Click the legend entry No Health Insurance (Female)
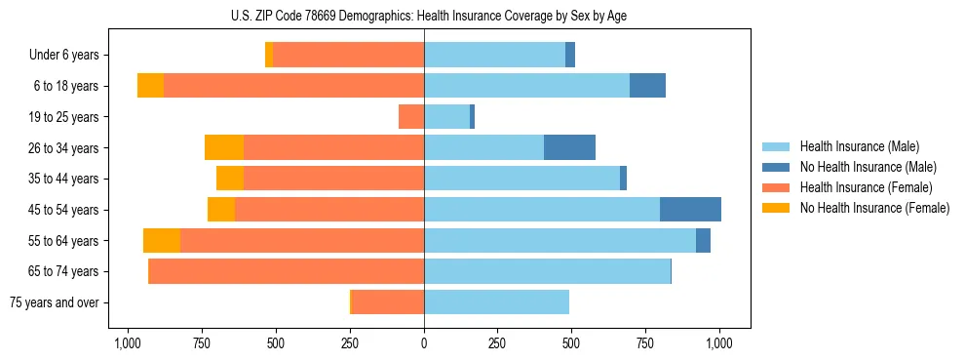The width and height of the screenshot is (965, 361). pyautogui.click(x=874, y=208)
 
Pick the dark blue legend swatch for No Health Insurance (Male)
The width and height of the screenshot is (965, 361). pyautogui.click(x=777, y=167)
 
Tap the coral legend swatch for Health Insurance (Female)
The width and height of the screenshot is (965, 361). pyautogui.click(x=777, y=187)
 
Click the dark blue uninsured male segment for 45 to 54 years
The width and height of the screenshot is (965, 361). pyautogui.click(x=690, y=210)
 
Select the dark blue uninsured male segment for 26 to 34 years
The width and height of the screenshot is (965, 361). pyautogui.click(x=569, y=148)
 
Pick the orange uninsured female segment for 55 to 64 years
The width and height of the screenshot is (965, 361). pyautogui.click(x=162, y=241)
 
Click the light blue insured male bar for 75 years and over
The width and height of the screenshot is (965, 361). pyautogui.click(x=496, y=302)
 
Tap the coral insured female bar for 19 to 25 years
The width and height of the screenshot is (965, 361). pyautogui.click(x=411, y=117)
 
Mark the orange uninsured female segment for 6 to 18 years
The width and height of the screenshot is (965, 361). pyautogui.click(x=150, y=86)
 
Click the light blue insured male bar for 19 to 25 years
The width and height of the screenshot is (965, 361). pyautogui.click(x=446, y=117)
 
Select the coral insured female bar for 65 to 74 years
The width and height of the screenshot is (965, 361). pyautogui.click(x=286, y=271)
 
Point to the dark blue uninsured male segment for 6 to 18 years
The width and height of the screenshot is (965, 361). pyautogui.click(x=647, y=86)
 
